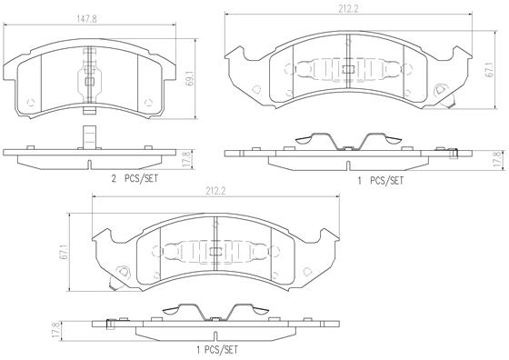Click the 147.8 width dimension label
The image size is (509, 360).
tap(86, 19)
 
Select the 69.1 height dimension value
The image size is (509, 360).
tap(191, 79)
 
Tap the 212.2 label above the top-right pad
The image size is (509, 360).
tap(348, 9)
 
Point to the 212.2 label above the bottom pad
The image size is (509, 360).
tap(215, 192)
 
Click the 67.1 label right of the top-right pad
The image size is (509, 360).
tap(489, 69)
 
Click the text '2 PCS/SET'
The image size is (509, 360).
tap(135, 178)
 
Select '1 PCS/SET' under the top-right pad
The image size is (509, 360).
tap(381, 181)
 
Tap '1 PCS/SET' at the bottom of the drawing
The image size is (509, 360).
tap(217, 350)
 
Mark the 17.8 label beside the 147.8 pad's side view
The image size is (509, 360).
tap(185, 158)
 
